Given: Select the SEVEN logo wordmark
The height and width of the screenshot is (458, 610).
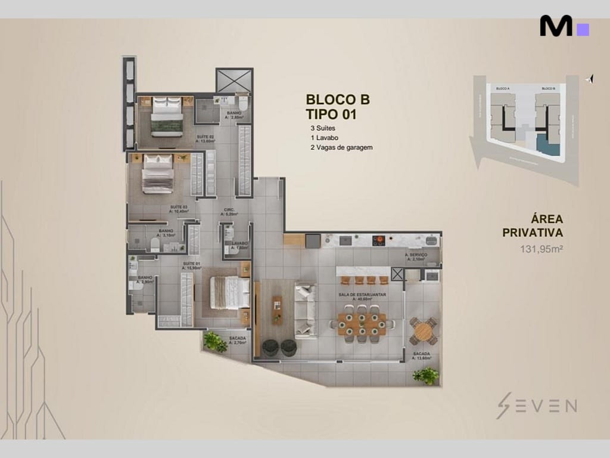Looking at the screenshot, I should click(x=536, y=406).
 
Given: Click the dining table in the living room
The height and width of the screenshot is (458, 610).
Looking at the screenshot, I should click(x=362, y=323).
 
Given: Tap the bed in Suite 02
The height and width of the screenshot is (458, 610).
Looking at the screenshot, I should click(x=166, y=117).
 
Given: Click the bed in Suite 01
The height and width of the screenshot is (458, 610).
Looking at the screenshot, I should click(x=229, y=293).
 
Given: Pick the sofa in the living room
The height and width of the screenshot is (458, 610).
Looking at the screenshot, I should click(x=305, y=310).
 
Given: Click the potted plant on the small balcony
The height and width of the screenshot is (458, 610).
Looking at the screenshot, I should click(x=213, y=341).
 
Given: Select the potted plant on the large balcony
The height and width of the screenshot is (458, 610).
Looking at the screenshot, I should click(x=427, y=375).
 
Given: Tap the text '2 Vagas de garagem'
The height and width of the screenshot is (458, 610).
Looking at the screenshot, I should click(x=341, y=147).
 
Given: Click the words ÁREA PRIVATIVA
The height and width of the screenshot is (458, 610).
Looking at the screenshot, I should click(x=533, y=225).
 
